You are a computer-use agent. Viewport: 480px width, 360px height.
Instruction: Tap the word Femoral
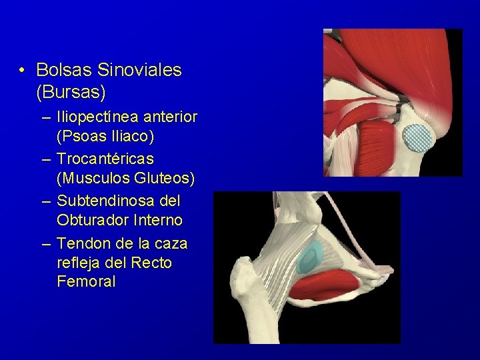[86, 282]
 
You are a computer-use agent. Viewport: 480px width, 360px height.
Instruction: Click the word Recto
[152, 262]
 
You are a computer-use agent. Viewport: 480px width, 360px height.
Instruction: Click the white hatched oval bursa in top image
[418, 137]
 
